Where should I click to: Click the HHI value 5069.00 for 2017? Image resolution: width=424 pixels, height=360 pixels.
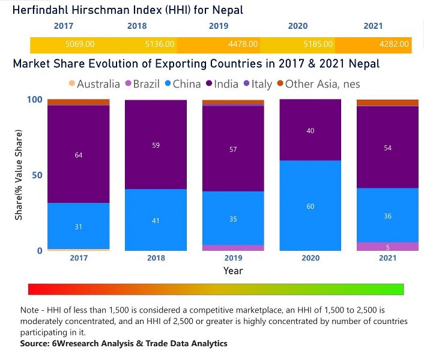(x=79, y=44)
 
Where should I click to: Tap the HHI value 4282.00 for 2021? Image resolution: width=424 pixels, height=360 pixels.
(x=394, y=44)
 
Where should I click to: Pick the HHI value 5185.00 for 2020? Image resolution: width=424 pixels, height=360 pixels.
(x=318, y=44)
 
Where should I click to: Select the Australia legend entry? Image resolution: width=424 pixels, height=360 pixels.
(x=93, y=84)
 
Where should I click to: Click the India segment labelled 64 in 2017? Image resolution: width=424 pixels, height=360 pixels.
(x=79, y=154)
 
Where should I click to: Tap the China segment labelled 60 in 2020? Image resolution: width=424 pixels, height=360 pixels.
(x=310, y=206)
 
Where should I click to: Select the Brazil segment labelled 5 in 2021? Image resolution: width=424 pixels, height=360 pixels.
(x=387, y=247)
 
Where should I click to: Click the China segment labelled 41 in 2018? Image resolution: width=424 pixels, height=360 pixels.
(x=156, y=220)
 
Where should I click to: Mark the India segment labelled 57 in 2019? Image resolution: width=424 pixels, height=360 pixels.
(x=233, y=149)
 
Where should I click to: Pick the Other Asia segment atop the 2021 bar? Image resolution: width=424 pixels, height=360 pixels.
(x=387, y=103)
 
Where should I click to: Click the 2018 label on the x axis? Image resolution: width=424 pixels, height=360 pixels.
(x=156, y=259)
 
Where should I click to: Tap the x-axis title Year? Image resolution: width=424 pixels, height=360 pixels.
(x=233, y=271)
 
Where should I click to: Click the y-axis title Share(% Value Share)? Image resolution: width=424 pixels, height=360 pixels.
(x=19, y=175)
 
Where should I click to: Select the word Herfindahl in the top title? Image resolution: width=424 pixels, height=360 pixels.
(x=44, y=10)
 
